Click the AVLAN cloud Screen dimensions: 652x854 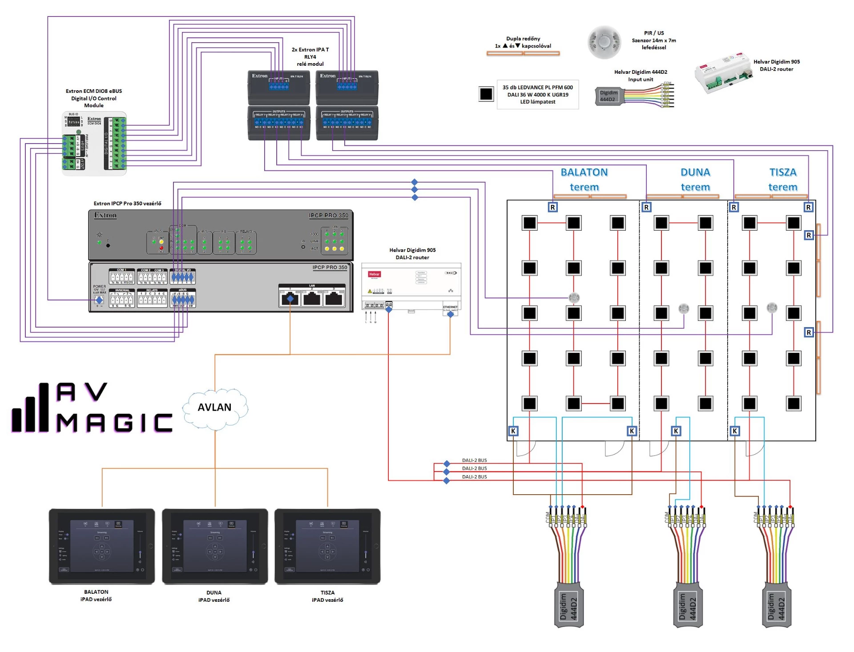click(215, 408)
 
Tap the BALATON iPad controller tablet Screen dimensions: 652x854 click(102, 546)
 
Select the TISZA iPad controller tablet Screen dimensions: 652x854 click(327, 546)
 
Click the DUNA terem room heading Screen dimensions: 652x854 click(695, 180)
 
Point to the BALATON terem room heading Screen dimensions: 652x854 click(584, 180)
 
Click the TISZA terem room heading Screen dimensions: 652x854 click(783, 180)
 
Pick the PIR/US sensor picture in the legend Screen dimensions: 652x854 click(604, 42)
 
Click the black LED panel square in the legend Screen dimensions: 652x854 click(486, 94)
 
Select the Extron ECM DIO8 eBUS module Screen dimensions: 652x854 click(94, 143)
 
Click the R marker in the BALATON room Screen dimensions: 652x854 click(553, 207)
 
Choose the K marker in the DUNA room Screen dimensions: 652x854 click(676, 431)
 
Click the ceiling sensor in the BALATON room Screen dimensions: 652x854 click(574, 297)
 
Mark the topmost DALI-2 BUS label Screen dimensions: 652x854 click(474, 460)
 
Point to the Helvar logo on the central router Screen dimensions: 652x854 click(374, 274)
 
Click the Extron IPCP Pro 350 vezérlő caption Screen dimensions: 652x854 click(127, 204)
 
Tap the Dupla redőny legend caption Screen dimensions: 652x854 click(523, 42)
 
